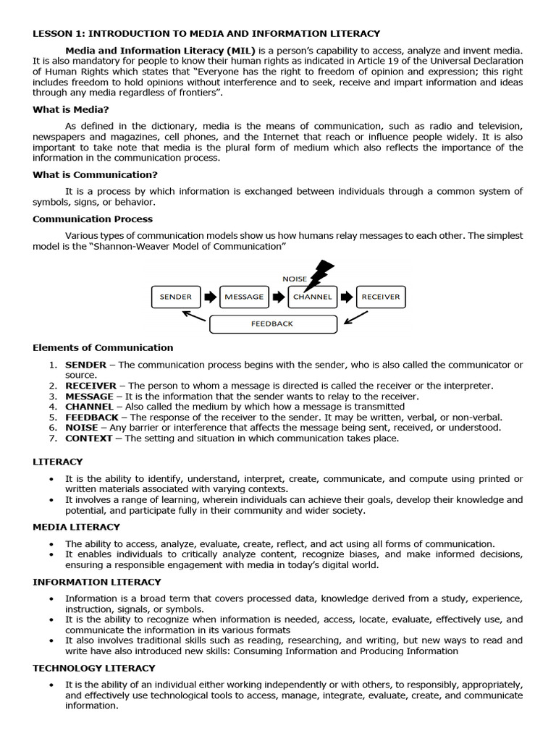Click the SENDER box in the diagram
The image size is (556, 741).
tap(176, 297)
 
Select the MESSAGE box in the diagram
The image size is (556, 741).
tap(244, 297)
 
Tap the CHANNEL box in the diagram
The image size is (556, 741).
tap(313, 297)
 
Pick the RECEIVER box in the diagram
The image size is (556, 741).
tap(381, 297)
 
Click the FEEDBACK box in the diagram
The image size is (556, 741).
tap(272, 324)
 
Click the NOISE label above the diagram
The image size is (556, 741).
tap(295, 279)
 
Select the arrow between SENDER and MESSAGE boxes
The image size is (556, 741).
tap(210, 297)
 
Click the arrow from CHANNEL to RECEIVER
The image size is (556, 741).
tap(347, 297)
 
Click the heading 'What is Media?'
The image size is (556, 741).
tap(71, 109)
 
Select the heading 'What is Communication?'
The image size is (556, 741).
tap(95, 174)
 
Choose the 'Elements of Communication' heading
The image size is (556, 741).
tap(103, 347)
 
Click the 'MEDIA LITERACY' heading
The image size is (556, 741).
tap(76, 527)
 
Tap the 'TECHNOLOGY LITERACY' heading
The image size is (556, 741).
tap(94, 668)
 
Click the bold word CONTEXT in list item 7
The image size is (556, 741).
tap(89, 438)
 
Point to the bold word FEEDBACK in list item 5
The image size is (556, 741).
tap(92, 418)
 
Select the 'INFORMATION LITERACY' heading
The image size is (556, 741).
tap(97, 582)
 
